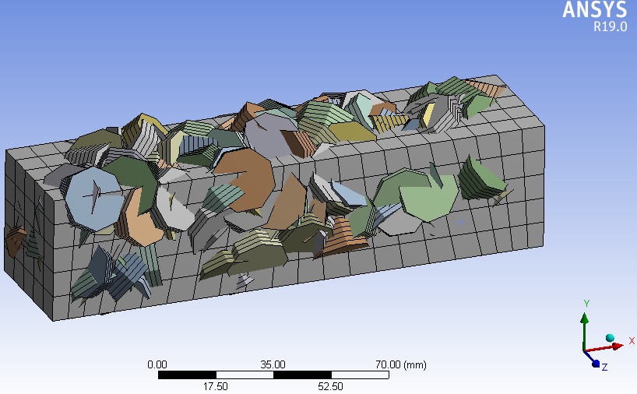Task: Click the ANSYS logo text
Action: pyautogui.click(x=595, y=9)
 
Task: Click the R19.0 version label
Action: pyautogui.click(x=611, y=26)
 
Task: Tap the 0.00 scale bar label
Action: pyautogui.click(x=157, y=364)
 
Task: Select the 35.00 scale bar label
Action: pyautogui.click(x=273, y=364)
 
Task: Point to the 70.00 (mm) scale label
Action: pyautogui.click(x=400, y=364)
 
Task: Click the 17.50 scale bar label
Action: pyautogui.click(x=215, y=386)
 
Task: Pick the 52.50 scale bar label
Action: pyautogui.click(x=330, y=386)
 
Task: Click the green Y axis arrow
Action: pyautogui.click(x=584, y=331)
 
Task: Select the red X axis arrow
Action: pyautogui.click(x=604, y=348)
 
